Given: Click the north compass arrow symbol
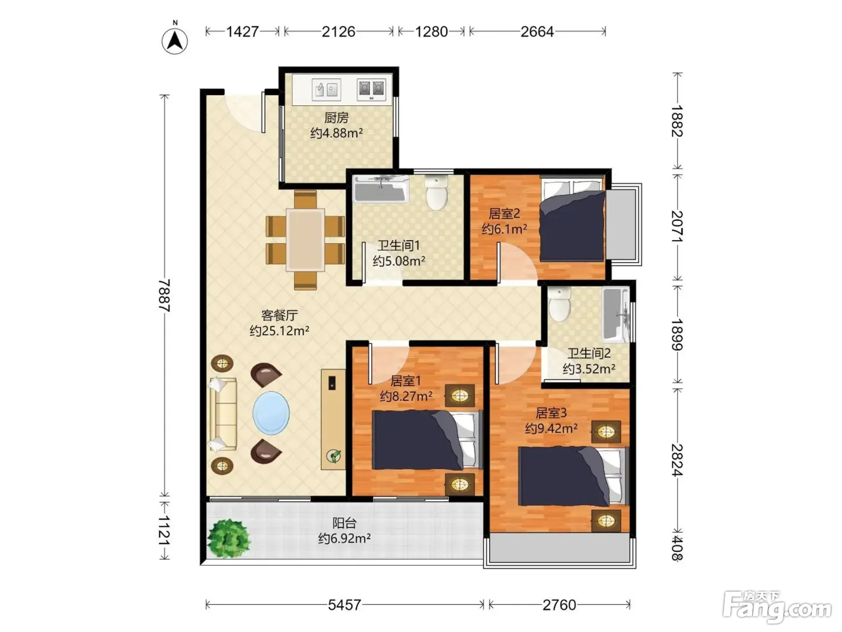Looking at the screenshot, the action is pyautogui.click(x=174, y=41).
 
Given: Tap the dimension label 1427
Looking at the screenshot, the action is pyautogui.click(x=242, y=31).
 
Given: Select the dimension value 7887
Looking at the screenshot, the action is pyautogui.click(x=165, y=295).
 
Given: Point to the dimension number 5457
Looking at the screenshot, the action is pyautogui.click(x=345, y=605).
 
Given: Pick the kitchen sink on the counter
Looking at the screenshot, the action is pyautogui.click(x=326, y=90).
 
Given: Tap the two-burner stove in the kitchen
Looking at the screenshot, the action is pyautogui.click(x=371, y=90).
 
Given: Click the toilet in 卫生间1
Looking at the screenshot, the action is pyautogui.click(x=437, y=193).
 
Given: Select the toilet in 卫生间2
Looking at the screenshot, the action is pyautogui.click(x=559, y=305).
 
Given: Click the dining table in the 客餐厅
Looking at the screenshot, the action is pyautogui.click(x=306, y=240).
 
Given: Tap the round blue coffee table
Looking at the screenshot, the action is pyautogui.click(x=271, y=413).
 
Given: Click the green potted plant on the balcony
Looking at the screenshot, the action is pyautogui.click(x=229, y=538).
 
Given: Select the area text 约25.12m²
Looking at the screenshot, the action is pyautogui.click(x=279, y=330).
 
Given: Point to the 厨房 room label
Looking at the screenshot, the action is pyautogui.click(x=336, y=117).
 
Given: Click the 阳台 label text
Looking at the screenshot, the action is pyautogui.click(x=344, y=522).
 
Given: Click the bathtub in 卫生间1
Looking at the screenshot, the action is pyautogui.click(x=381, y=189).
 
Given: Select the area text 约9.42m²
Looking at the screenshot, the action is pyautogui.click(x=552, y=428).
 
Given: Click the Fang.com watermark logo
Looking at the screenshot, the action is pyautogui.click(x=777, y=607).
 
